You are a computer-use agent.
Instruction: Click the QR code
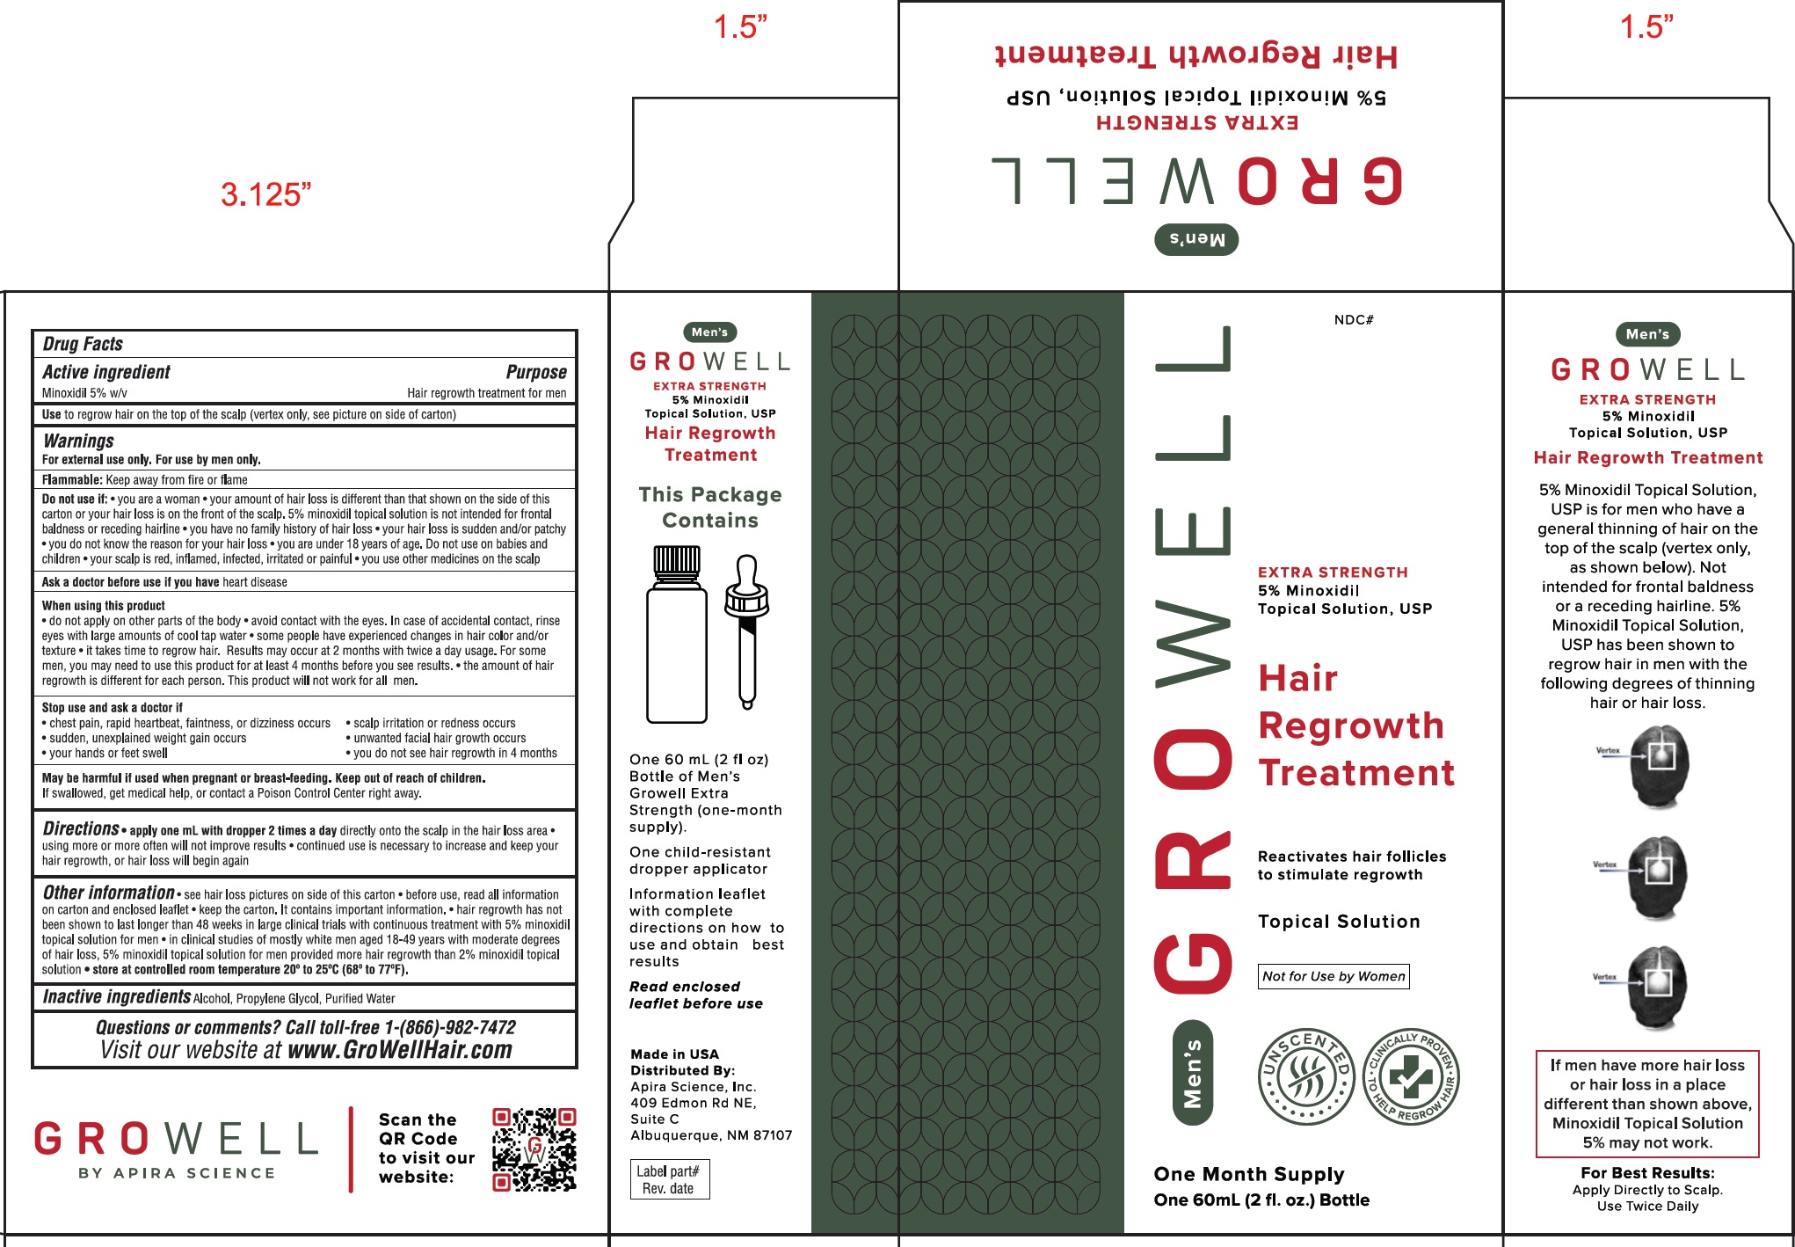[534, 1149]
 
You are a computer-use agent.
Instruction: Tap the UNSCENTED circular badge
[1306, 1076]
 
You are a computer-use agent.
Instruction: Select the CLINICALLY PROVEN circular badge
[1411, 1076]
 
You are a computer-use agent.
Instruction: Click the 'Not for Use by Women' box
[1334, 976]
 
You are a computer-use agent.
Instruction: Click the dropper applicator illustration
[747, 631]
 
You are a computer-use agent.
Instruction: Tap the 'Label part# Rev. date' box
[669, 1179]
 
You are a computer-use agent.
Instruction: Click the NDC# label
[1354, 320]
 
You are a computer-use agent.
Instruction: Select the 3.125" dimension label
[265, 194]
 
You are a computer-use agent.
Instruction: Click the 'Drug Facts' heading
[83, 344]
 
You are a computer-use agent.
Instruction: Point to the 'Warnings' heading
[78, 441]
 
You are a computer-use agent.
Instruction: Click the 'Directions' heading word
[81, 828]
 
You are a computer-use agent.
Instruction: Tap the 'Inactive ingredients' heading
[117, 996]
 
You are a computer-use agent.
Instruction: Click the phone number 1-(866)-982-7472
[449, 1027]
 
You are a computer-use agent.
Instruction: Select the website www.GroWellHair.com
[400, 1050]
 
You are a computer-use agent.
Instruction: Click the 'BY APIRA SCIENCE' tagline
[177, 1173]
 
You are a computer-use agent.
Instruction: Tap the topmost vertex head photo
[1659, 766]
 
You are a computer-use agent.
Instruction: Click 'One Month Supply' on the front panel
[1249, 1174]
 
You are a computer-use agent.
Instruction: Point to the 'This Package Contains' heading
[710, 507]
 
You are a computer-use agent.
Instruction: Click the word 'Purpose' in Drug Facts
[535, 372]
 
